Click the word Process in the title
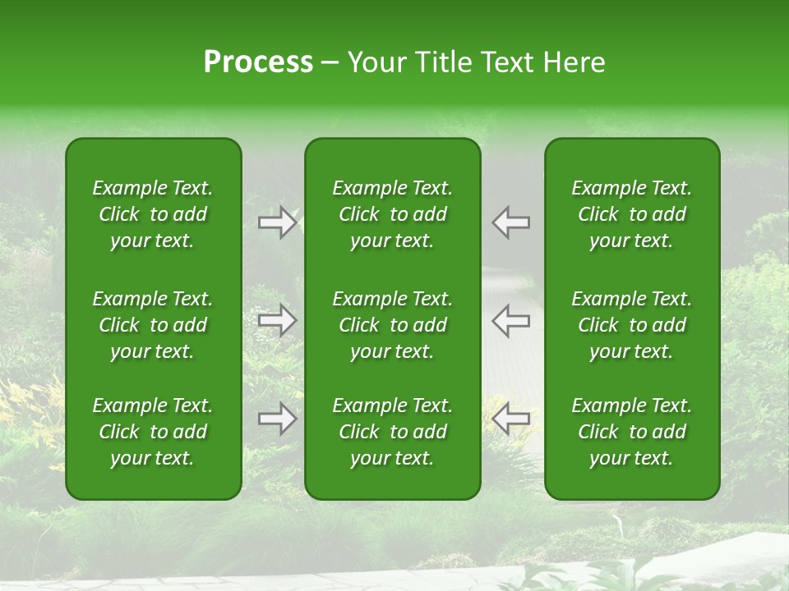258,62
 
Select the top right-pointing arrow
277,222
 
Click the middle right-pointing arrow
277,320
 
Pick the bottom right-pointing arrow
277,419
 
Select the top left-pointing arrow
510,222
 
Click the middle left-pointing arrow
510,320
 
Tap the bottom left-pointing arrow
510,419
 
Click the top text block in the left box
153,214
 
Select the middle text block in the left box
153,325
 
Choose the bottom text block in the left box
153,432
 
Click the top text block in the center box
392,214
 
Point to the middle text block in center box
392,325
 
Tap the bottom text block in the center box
392,432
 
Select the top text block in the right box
632,214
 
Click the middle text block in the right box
632,325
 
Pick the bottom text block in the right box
632,432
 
